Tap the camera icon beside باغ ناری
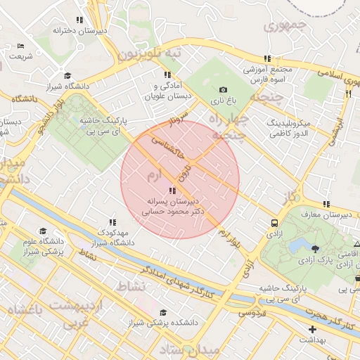[x=224, y=90]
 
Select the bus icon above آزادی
[x=274, y=223]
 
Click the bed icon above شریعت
[x=20, y=46]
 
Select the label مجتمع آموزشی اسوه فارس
[x=267, y=75]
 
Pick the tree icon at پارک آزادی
[x=314, y=249]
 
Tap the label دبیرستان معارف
[x=330, y=214]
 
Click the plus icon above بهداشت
[x=312, y=329]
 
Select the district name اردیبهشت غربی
[x=78, y=314]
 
